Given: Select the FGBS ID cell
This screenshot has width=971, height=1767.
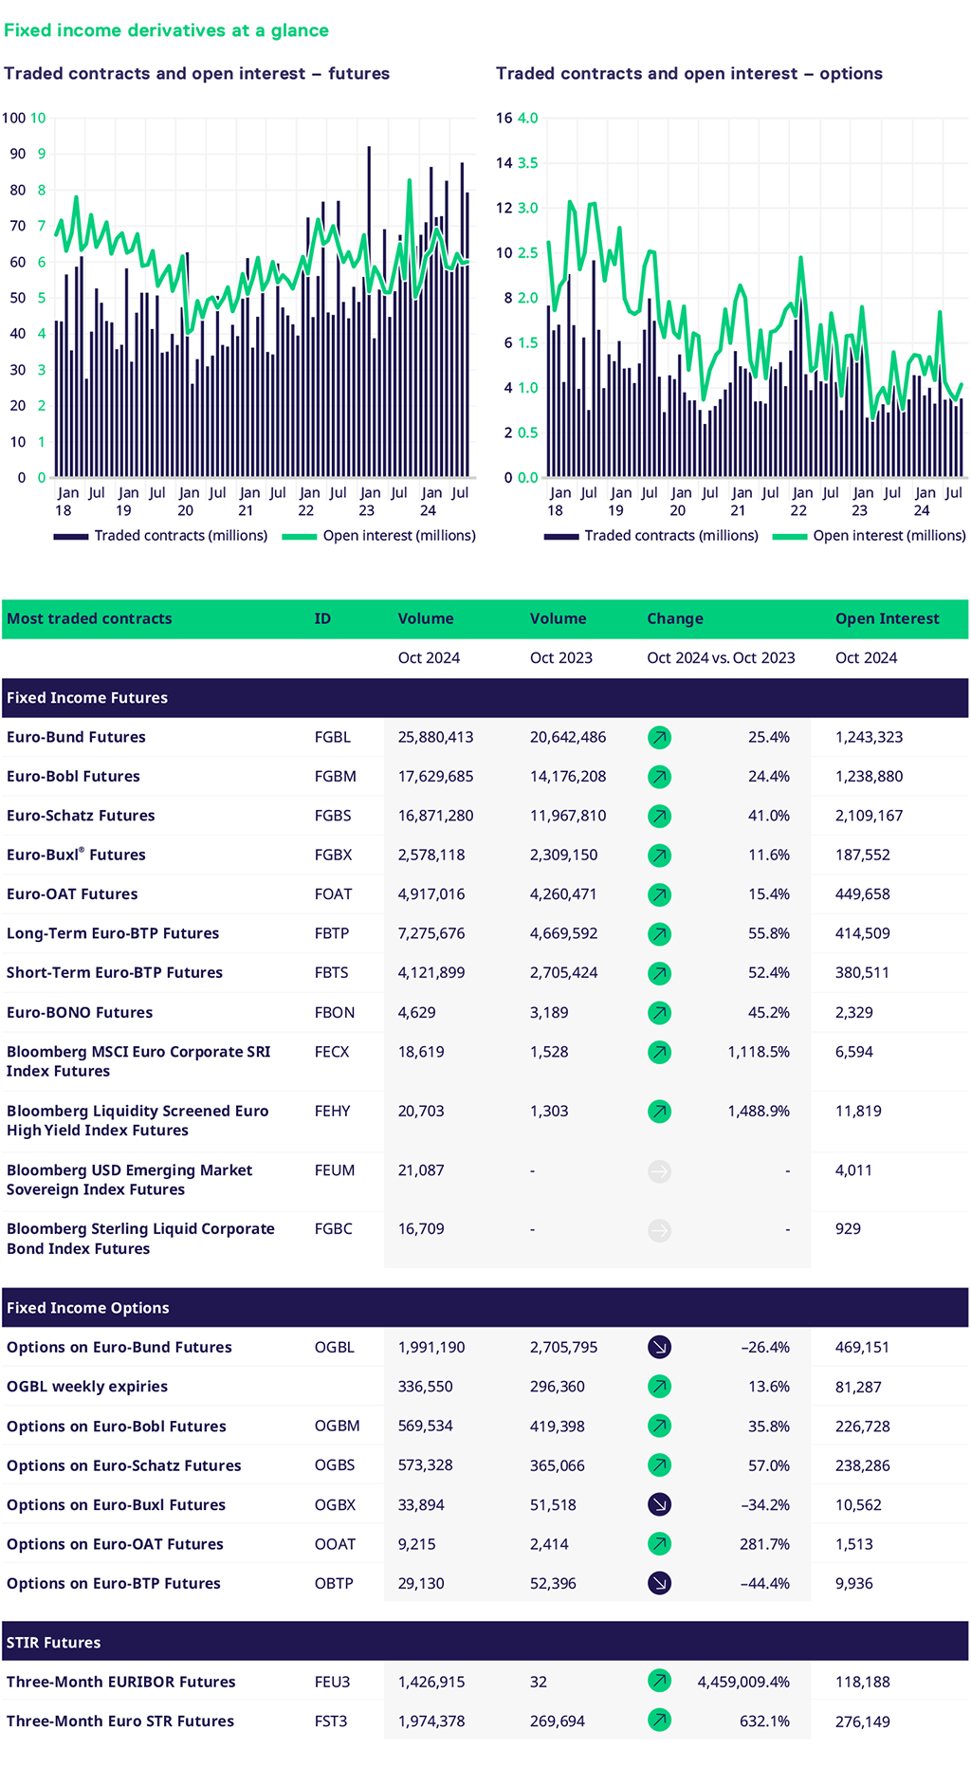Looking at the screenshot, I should [333, 816].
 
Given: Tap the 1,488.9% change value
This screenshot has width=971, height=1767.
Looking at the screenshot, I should [758, 1111].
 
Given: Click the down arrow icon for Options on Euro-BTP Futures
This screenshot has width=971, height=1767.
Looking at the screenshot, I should [659, 1583].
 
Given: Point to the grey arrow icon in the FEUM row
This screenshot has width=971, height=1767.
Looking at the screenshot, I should [659, 1171].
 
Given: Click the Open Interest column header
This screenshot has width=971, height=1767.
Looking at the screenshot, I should [887, 618].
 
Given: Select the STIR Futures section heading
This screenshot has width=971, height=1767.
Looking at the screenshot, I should [53, 1643].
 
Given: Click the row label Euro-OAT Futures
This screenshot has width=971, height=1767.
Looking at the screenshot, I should [72, 894].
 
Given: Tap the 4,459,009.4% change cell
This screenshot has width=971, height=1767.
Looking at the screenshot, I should [742, 1682].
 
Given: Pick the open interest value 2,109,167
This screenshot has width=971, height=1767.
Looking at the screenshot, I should [869, 816].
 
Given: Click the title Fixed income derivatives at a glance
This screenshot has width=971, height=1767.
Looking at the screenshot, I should [166, 30].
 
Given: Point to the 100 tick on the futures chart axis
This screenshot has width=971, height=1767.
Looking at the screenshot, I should [13, 118].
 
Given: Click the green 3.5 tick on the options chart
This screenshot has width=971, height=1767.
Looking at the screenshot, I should [528, 163].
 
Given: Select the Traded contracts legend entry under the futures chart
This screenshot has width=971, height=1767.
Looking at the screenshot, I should [161, 536].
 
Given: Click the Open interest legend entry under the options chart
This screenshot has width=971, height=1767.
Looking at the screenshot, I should [870, 536].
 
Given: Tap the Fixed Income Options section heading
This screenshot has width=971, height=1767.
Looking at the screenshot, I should [87, 1308].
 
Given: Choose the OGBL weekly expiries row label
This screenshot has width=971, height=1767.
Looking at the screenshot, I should [87, 1387].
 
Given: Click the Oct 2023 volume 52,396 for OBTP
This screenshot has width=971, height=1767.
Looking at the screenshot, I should [553, 1583].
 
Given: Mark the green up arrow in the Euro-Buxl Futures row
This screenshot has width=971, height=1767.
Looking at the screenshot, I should [659, 856].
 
